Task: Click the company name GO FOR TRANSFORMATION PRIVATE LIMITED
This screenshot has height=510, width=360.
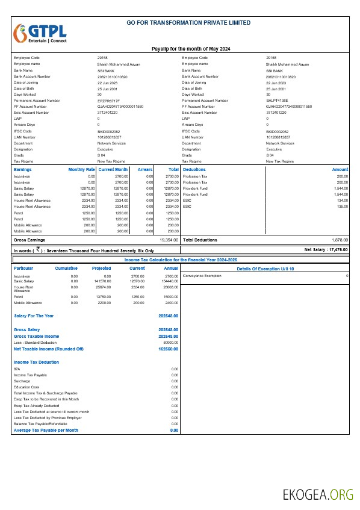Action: pos(189,23)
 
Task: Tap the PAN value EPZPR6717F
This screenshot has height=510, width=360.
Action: pos(108,100)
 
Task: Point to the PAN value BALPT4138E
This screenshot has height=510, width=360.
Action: pos(277,100)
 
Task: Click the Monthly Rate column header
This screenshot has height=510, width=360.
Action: pos(82,170)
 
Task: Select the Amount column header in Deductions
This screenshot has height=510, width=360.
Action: pos(340,170)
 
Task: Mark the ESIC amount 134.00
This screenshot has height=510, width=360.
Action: pos(342,201)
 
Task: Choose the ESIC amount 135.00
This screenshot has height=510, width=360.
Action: pos(342,207)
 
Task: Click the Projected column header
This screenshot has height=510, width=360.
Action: pos(101,269)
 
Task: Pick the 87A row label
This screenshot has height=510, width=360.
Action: pos(17,369)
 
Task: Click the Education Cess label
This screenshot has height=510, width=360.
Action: pos(26,387)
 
